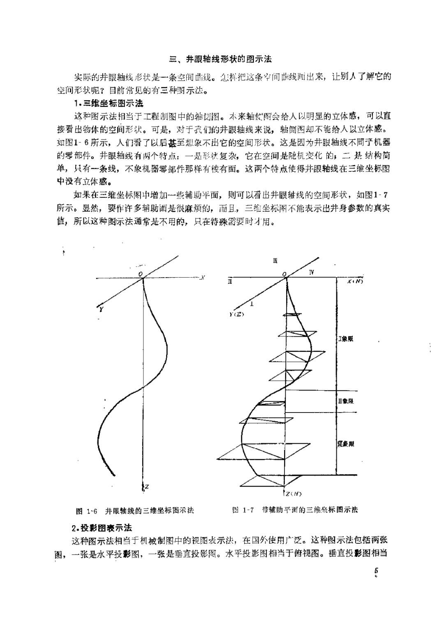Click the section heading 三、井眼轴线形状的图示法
point(221,59)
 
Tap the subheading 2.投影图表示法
point(102,528)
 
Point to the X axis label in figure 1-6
point(202,278)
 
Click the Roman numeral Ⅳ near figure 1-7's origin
point(312,272)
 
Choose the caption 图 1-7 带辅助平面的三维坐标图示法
point(295,510)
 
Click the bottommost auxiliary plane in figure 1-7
point(271,482)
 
